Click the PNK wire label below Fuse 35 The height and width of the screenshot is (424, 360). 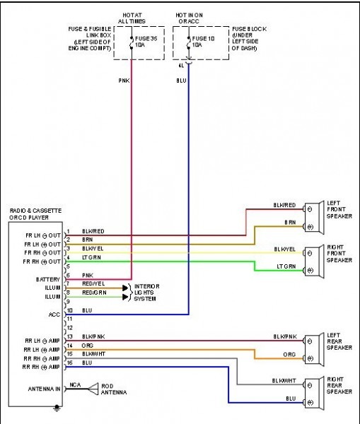click(124, 81)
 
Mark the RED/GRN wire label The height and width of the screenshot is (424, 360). click(94, 293)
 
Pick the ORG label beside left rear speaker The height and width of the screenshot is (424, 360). click(289, 354)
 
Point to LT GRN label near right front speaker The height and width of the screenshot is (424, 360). click(286, 266)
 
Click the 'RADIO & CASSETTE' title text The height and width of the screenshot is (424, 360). click(34, 211)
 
